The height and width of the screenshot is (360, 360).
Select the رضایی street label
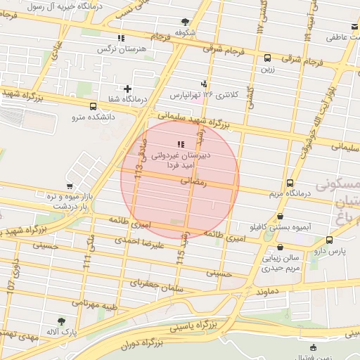pos(194,181)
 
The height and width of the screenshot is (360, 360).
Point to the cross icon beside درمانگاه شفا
pos(127,89)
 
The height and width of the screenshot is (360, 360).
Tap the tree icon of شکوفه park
pos(185,22)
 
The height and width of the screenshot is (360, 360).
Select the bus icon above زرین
pos(266,58)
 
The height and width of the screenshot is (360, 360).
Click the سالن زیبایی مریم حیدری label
pos(282,262)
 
